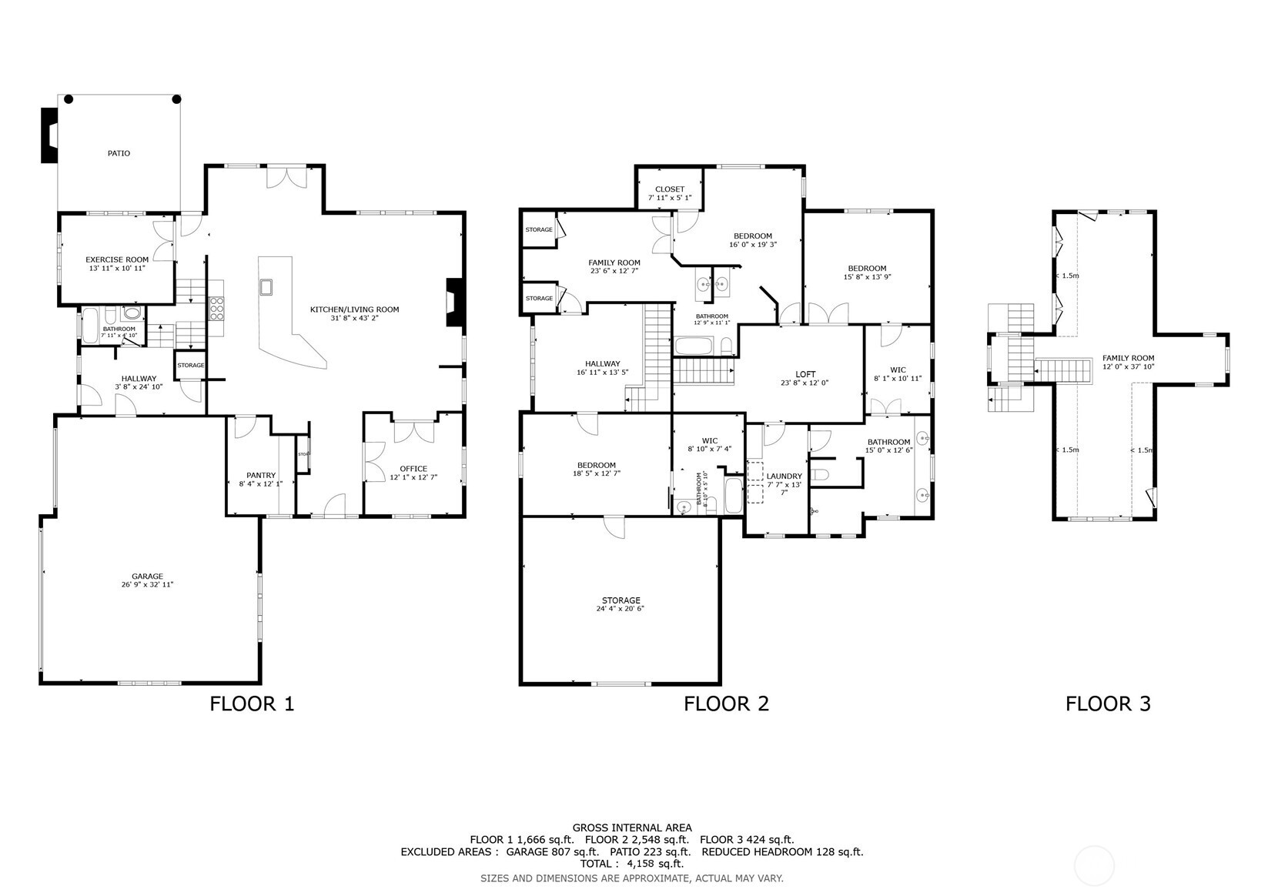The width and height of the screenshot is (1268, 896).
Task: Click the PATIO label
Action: [x=119, y=153]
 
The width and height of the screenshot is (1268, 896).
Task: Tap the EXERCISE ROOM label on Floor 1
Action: [x=117, y=259]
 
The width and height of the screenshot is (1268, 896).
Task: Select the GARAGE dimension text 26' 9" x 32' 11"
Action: [x=147, y=585]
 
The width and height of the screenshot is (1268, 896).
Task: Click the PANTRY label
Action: [x=261, y=475]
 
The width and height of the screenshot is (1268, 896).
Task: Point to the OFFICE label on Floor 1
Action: [x=413, y=469]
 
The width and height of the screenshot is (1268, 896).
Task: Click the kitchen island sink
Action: [x=267, y=288]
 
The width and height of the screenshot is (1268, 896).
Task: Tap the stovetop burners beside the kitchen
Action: [x=216, y=307]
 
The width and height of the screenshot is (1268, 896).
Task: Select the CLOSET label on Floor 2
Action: [x=670, y=189]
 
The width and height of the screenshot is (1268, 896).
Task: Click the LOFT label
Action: [x=805, y=374]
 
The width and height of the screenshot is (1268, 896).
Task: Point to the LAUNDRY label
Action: [x=784, y=476]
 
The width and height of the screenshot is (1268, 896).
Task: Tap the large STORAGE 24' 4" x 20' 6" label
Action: [x=621, y=600]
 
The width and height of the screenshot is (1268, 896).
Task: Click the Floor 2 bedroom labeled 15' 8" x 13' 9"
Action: [x=868, y=269]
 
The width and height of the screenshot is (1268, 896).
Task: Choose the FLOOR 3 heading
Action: [x=1108, y=703]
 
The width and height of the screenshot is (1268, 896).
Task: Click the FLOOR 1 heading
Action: [x=252, y=703]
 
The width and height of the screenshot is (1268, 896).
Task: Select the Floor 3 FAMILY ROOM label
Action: [x=1128, y=358]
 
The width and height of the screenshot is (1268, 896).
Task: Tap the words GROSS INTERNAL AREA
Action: [x=631, y=827]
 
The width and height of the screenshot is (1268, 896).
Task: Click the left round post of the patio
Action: [x=69, y=99]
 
